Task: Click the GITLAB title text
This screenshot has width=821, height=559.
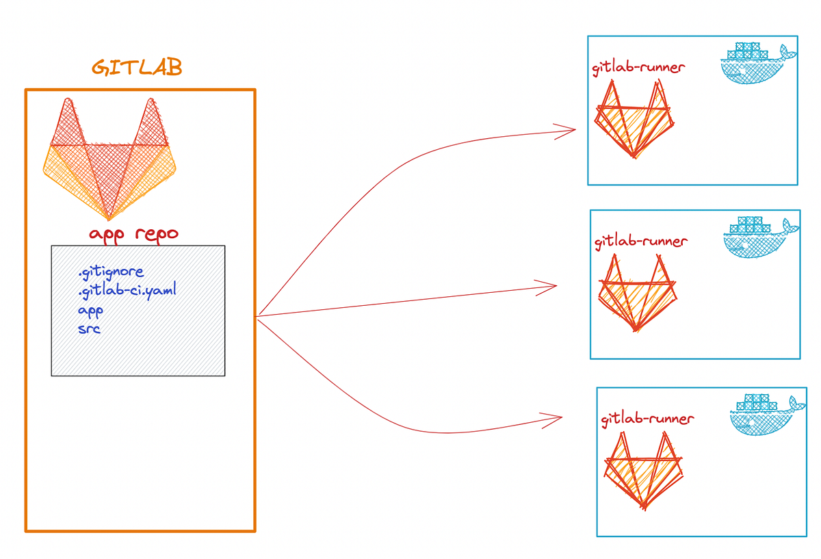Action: [x=137, y=68]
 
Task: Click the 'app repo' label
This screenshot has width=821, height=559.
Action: [x=133, y=233]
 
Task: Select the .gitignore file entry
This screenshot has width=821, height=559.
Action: [x=111, y=274]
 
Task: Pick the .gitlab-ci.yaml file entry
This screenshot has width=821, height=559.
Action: [x=127, y=291]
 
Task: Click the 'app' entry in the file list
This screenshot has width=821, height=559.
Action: [x=90, y=309]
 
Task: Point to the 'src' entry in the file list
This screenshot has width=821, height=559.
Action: [x=89, y=328]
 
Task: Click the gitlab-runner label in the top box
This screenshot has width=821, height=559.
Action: [x=638, y=67]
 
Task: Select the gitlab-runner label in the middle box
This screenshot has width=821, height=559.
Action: [x=641, y=241]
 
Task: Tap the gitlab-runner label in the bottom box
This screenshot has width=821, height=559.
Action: [x=647, y=418]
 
